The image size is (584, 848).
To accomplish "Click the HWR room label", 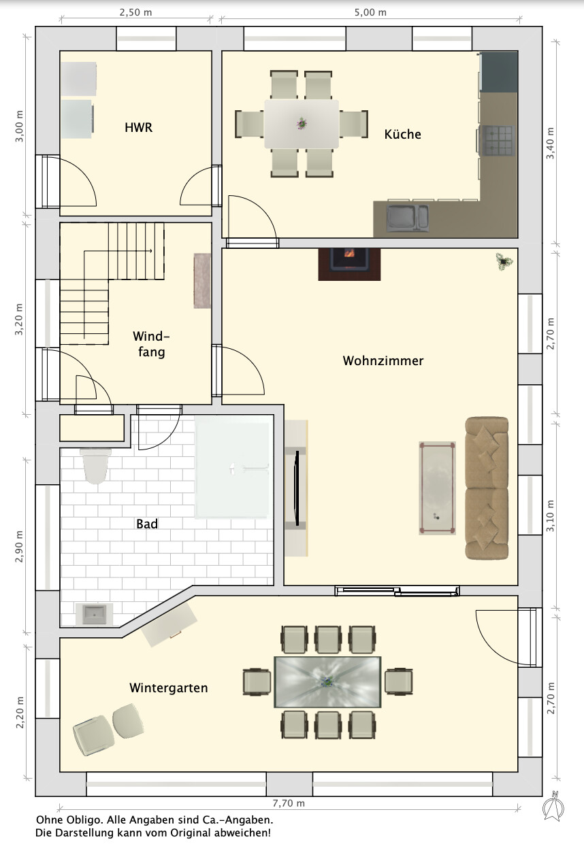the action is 139,127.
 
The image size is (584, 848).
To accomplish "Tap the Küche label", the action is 402,134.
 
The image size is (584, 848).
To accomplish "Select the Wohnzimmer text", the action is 383,360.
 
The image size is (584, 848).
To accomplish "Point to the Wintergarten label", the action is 169,688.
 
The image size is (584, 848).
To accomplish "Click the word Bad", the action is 147,524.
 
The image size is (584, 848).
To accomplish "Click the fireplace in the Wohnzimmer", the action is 349,265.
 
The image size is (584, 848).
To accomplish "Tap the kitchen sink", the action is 408,218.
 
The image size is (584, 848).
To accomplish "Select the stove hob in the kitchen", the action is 497,141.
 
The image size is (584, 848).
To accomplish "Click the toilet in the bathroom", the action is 96,466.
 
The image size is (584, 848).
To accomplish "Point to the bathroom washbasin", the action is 94,614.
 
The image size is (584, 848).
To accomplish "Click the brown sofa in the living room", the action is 487,488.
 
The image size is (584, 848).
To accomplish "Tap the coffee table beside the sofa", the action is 438,488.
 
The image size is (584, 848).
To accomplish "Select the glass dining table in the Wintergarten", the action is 327,682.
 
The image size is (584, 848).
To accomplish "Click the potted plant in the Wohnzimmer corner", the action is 504,262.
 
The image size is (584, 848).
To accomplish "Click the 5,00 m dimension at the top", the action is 370,12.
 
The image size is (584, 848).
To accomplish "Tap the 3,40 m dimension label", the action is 550,143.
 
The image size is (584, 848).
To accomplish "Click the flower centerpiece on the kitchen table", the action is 302,123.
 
